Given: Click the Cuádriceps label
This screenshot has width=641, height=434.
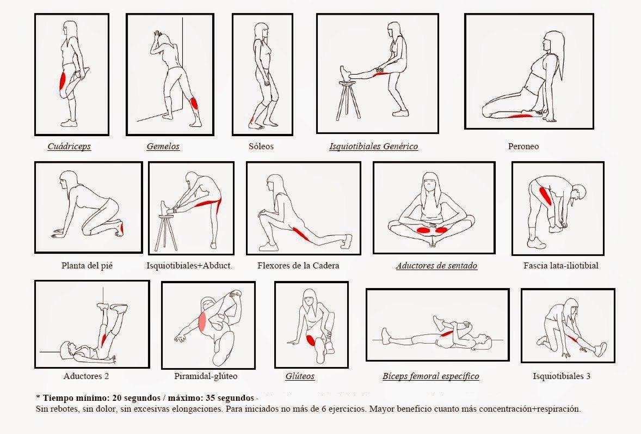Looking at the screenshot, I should pos(69,146).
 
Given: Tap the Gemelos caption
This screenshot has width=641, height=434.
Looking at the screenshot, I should pos(163,146).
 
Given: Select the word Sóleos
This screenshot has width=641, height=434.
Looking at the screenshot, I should pos(261,146).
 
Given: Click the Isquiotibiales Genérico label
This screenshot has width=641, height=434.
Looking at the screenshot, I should pos(373,146).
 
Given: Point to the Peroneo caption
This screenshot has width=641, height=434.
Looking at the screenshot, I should pos(523,146).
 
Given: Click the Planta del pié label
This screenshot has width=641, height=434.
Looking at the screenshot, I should pos(87,266).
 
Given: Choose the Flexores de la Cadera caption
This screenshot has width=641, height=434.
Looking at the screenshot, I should pos(298,266).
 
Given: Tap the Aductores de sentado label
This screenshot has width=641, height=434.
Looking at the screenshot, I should pos(436,266).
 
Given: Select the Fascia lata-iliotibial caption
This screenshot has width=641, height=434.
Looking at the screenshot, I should pos(560,266).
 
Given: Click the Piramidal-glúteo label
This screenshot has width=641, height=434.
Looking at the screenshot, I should pos(206,376).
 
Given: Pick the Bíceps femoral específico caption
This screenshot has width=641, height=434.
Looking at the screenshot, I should pos(430,376).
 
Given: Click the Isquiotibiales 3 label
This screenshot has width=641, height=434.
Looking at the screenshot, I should pos(562,376).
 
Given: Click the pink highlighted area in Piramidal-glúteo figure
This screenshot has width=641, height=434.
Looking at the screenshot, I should pos(202,321).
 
